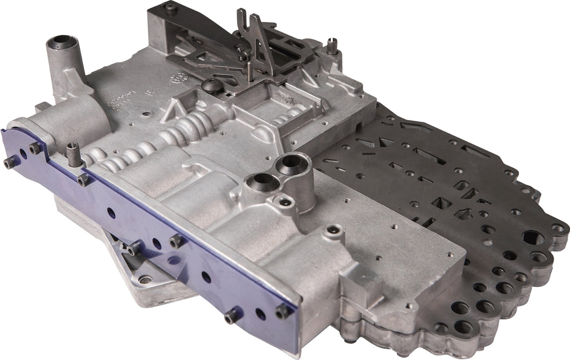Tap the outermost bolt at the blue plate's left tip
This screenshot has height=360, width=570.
click(x=9, y=164)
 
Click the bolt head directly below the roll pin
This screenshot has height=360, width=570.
click(x=83, y=180)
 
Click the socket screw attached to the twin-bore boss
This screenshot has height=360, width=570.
click(x=285, y=203)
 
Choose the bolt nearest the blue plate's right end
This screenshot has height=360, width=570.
click(x=283, y=311)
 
